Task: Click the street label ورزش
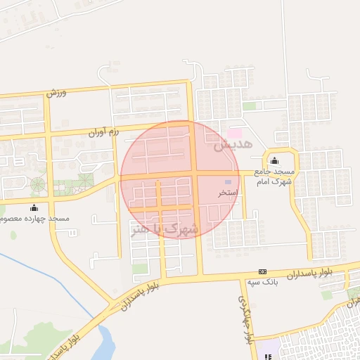click(x=56, y=92)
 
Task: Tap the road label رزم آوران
click(x=104, y=131)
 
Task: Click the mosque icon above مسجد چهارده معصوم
click(x=34, y=207)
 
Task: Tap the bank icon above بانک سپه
click(x=263, y=271)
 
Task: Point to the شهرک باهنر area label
click(x=165, y=229)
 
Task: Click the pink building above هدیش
click(x=234, y=133)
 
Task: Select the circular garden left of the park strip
click(x=37, y=185)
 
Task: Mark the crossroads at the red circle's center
click(x=194, y=174)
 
